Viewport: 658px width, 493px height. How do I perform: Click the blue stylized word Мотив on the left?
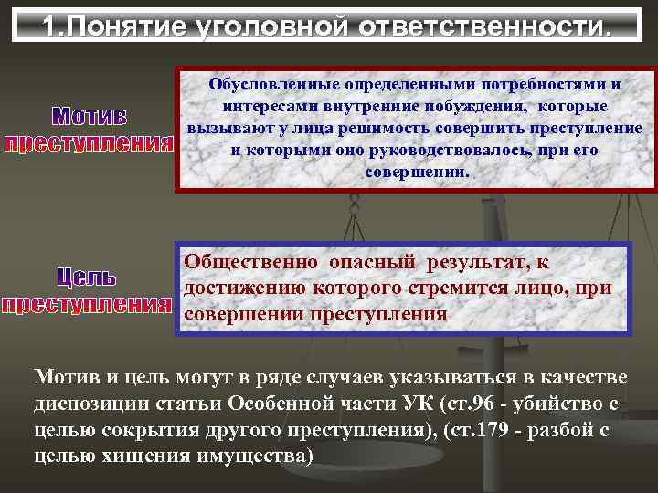click(90, 118)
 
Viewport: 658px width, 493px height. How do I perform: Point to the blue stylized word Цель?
click(88, 276)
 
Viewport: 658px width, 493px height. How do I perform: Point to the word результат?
click(476, 262)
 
